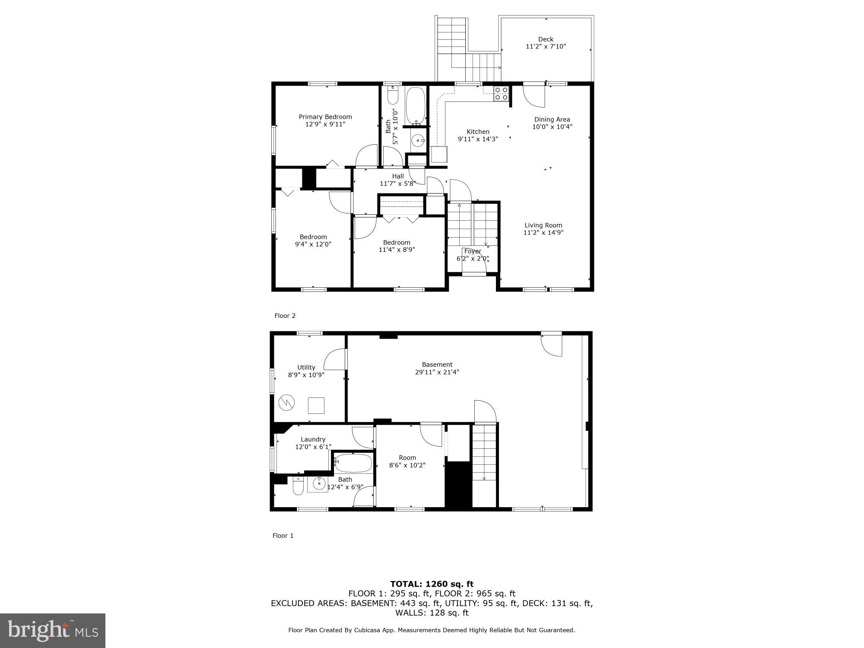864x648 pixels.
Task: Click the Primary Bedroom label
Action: [x=325, y=117]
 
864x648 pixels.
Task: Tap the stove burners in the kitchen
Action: [x=501, y=93]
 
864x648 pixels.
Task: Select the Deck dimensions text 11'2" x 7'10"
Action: [x=546, y=47]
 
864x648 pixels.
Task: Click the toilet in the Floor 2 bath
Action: [x=393, y=95]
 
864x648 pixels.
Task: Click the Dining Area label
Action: [x=552, y=119]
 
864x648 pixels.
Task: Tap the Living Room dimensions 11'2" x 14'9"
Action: [x=543, y=233]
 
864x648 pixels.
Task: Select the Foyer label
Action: [x=473, y=251]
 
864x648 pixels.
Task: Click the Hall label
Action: [x=398, y=176]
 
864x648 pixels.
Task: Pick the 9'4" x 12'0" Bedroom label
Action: [x=313, y=237]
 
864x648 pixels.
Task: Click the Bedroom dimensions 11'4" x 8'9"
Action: [x=397, y=250]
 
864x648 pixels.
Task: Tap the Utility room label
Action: [x=306, y=367]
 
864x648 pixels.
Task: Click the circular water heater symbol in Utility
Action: [x=286, y=403]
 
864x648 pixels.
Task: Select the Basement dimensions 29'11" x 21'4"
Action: [x=437, y=372]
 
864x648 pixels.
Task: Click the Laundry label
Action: [x=313, y=439]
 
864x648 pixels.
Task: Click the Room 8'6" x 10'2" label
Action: [x=407, y=457]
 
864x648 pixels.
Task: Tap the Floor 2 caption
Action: [x=285, y=316]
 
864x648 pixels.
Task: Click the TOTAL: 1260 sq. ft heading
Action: [x=432, y=584]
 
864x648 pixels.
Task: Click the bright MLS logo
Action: [x=52, y=630]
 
